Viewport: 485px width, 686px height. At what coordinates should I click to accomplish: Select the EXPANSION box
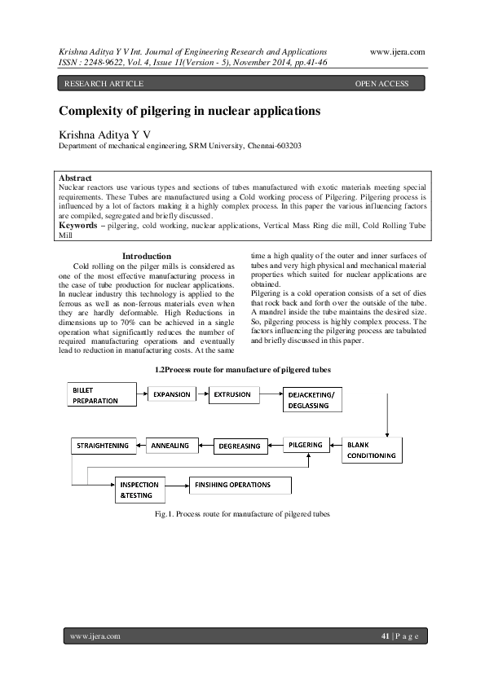pos(172,394)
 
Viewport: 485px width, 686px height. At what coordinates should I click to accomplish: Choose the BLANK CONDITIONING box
pos(371,450)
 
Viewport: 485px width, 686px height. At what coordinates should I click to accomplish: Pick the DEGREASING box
pos(240,446)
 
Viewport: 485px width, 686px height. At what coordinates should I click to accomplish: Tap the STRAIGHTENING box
pos(103,445)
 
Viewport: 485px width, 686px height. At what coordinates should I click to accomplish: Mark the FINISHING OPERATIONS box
pos(240,486)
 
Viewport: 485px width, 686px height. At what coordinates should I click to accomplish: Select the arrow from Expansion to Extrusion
pos(203,394)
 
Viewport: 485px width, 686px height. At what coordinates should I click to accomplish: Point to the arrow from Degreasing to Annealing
pos(205,445)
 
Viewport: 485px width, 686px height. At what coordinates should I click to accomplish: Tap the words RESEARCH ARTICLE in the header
pos(104,84)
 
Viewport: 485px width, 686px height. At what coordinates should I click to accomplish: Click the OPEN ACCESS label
pos(382,84)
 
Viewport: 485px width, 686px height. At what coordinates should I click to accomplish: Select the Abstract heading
pos(76,178)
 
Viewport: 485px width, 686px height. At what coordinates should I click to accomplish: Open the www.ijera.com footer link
pos(95,635)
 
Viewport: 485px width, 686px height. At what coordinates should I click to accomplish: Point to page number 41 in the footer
pos(386,635)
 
